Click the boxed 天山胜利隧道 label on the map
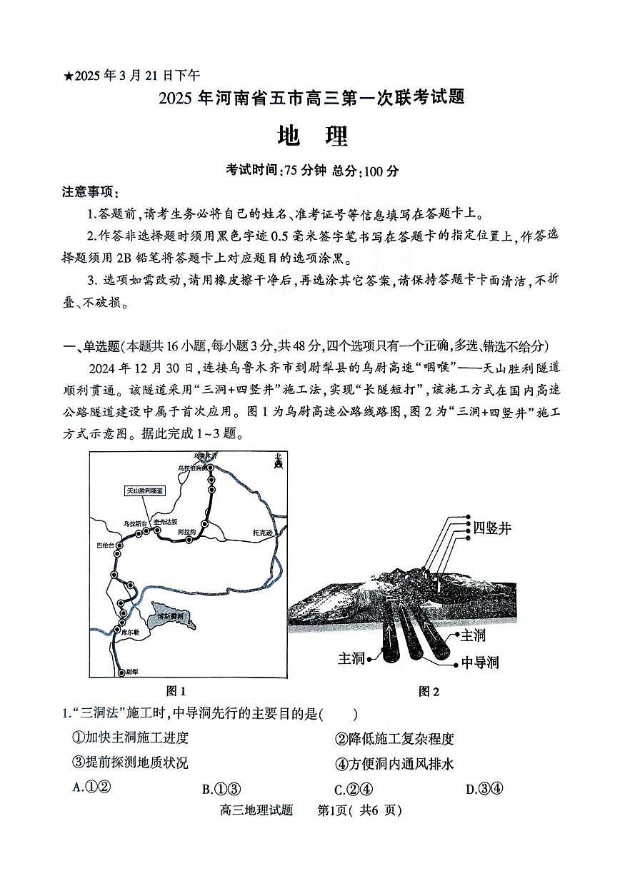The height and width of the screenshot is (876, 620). click(145, 491)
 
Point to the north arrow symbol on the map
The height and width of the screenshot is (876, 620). click(278, 463)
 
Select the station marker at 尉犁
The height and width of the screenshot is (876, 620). click(119, 672)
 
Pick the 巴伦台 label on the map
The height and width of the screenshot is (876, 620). click(105, 545)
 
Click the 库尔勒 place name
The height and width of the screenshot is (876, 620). click(131, 633)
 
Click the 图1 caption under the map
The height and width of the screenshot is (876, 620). click(176, 690)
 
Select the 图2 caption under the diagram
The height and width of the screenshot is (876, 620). click(429, 690)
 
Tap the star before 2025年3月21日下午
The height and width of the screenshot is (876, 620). click(69, 76)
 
